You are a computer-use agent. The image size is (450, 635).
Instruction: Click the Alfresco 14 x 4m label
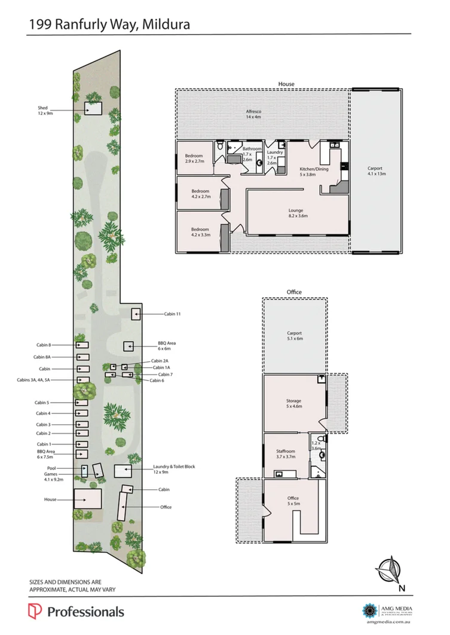(254, 115)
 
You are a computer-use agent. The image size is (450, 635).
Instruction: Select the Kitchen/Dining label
(314, 171)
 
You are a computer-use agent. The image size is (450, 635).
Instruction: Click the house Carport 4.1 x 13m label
(376, 171)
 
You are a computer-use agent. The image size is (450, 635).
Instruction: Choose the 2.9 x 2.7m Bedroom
(195, 158)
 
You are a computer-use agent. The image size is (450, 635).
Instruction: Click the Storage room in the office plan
(293, 403)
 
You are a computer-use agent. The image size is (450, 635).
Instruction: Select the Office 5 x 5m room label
(293, 501)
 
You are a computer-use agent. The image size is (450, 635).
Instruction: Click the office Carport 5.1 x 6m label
(295, 336)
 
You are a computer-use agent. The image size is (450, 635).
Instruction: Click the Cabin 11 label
(173, 314)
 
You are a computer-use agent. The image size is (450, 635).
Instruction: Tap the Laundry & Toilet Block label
(174, 469)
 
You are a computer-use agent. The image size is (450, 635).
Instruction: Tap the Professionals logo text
(85, 612)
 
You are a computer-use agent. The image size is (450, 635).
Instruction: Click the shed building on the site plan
(93, 109)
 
